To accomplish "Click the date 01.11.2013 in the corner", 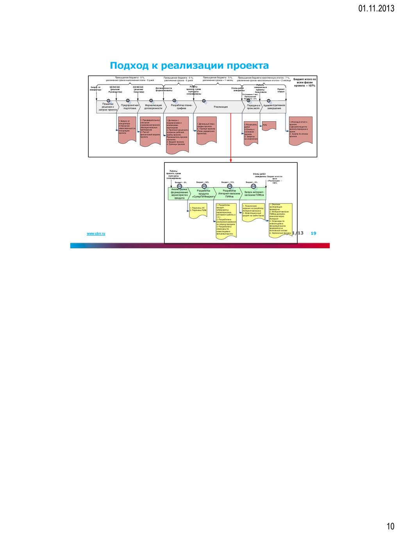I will [376, 8].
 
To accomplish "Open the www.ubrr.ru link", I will [96, 234].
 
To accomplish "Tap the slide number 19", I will [313, 233].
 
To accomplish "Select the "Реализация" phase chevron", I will [221, 107].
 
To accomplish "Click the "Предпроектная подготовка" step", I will [130, 107].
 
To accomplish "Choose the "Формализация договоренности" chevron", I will [153, 107].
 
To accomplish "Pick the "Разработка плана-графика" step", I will [181, 107].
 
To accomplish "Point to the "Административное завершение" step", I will [274, 107].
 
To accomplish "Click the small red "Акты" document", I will [269, 126].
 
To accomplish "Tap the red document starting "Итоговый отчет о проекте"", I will [300, 130].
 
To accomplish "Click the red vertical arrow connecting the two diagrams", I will [231, 137].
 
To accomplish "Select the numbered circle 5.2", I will [204, 186].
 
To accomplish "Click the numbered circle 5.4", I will [254, 186].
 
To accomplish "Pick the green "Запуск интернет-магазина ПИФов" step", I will [254, 194].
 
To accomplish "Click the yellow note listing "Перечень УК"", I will [198, 210].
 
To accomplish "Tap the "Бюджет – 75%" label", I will [228, 182].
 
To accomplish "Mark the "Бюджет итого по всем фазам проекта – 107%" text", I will [305, 82].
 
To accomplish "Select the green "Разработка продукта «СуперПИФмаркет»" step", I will [204, 194].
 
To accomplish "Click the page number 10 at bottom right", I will [390, 526].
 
